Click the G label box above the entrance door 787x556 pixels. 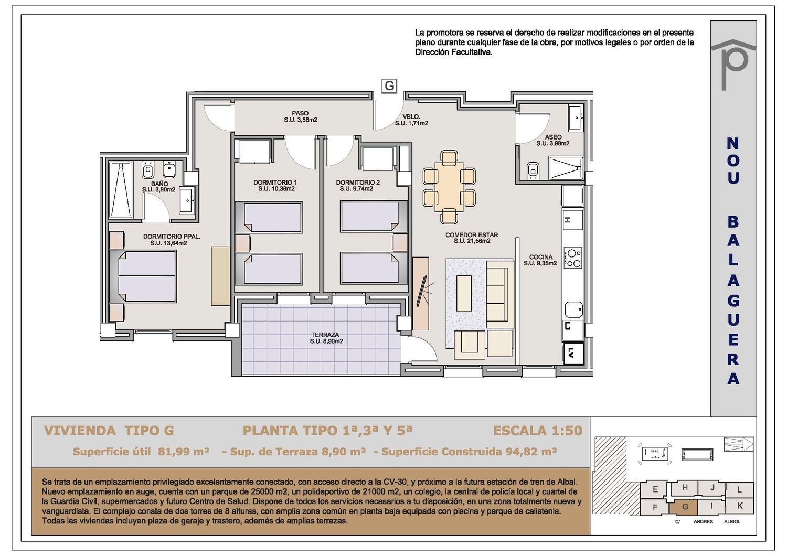(389, 85)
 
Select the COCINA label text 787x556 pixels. (541, 257)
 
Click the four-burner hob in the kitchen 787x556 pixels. (573, 258)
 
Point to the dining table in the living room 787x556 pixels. (449, 187)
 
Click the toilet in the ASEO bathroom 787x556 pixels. (533, 171)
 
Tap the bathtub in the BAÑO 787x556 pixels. (120, 190)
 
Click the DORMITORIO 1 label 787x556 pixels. (275, 183)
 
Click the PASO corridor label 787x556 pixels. (300, 113)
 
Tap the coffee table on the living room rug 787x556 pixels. (464, 293)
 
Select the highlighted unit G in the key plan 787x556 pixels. (684, 507)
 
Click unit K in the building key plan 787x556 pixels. (740, 506)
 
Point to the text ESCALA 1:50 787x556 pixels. (538, 431)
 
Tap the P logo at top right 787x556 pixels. (733, 64)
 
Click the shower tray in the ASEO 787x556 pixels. (566, 168)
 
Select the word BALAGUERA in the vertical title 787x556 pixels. (733, 301)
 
